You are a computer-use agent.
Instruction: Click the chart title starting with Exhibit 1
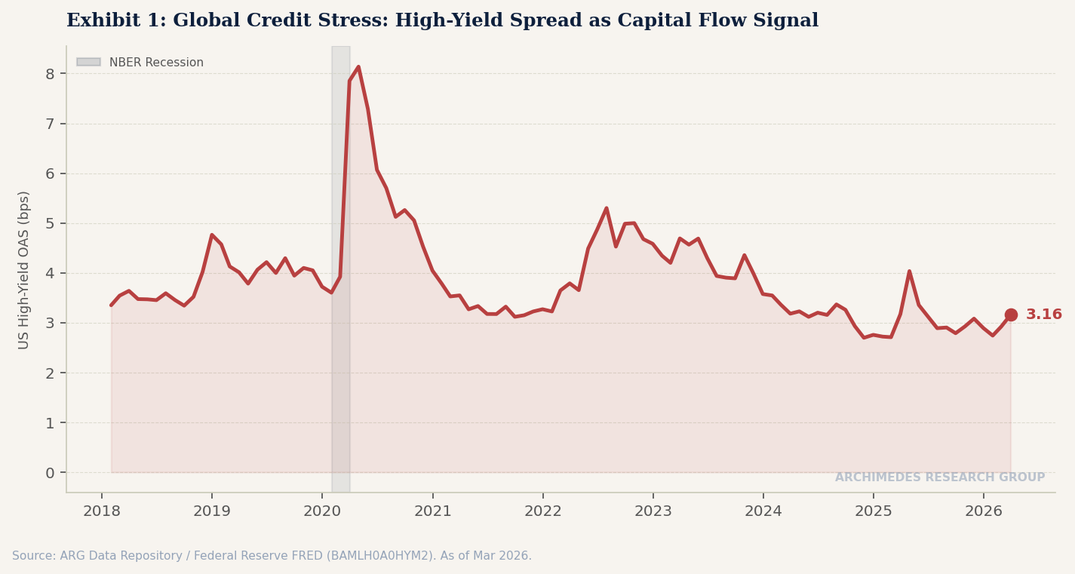pos(442,21)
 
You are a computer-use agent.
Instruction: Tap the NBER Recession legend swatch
pos(88,63)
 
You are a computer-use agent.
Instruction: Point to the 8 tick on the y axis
pos(50,74)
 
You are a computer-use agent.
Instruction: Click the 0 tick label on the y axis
pos(50,473)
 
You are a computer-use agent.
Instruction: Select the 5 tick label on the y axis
pos(50,223)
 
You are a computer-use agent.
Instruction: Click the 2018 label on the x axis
pos(102,511)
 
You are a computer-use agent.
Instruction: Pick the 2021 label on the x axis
pos(432,511)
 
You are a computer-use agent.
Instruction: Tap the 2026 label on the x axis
pos(984,511)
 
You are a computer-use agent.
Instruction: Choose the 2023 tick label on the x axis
pos(653,511)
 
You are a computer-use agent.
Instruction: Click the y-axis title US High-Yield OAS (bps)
pos(24,269)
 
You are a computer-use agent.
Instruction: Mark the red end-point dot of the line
pos(1011,315)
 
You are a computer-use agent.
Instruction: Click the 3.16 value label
pos(1043,315)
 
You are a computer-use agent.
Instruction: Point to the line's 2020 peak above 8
pos(358,67)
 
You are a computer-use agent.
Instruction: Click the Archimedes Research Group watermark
pos(939,477)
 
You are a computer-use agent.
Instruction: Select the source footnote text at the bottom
pos(272,556)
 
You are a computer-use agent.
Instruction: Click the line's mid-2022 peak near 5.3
pos(606,208)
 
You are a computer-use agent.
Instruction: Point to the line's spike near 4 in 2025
pos(909,272)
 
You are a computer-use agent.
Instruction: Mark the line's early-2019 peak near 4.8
pos(212,235)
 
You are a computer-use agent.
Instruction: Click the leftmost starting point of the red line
pos(112,305)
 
